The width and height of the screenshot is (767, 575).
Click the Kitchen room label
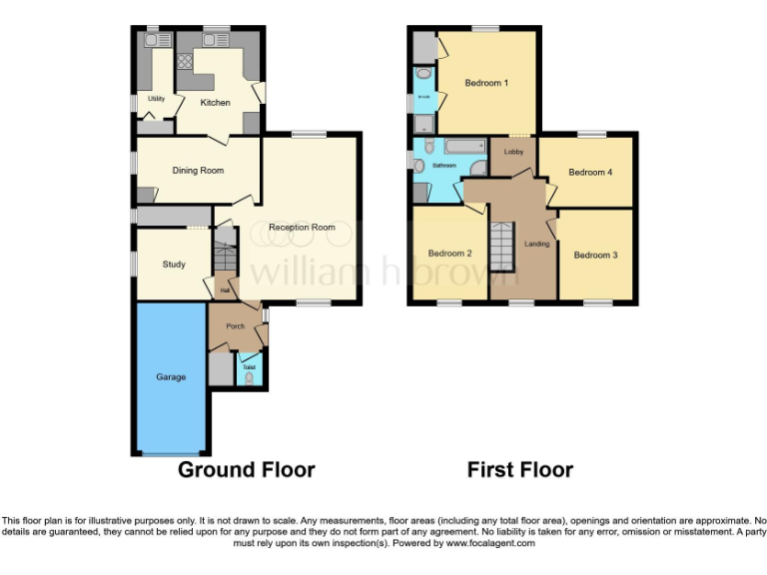pyautogui.click(x=215, y=103)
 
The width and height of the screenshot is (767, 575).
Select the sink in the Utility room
pyautogui.click(x=154, y=41)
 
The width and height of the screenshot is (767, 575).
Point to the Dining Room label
pyautogui.click(x=198, y=171)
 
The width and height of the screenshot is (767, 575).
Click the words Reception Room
pyautogui.click(x=302, y=228)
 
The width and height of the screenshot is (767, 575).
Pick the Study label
pyautogui.click(x=174, y=265)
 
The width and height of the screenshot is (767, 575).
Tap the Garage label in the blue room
pyautogui.click(x=170, y=378)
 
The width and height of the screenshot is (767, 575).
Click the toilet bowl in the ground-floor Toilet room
pyautogui.click(x=249, y=378)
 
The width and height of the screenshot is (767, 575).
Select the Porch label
pyautogui.click(x=236, y=326)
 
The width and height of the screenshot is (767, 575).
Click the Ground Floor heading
pyautogui.click(x=246, y=470)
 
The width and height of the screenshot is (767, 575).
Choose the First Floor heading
pyautogui.click(x=520, y=470)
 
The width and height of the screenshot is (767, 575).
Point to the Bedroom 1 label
pyautogui.click(x=486, y=83)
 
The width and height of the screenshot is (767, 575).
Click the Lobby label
pyautogui.click(x=513, y=152)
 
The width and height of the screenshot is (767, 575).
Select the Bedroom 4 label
pyautogui.click(x=589, y=173)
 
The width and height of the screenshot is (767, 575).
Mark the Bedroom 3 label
pyautogui.click(x=595, y=256)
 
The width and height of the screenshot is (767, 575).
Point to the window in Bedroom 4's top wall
pyautogui.click(x=591, y=134)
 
